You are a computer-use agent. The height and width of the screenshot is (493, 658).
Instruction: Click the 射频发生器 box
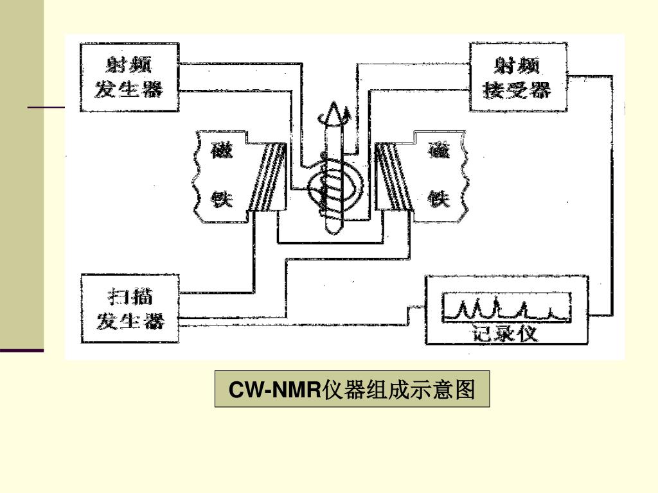coord(129,77)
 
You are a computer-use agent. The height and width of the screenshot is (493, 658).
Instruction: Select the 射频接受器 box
coord(518,77)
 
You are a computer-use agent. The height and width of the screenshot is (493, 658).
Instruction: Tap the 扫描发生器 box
coord(130,309)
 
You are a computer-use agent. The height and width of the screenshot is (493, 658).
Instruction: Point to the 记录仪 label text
coord(505,334)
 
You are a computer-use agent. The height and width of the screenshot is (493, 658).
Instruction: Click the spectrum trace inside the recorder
coord(505,309)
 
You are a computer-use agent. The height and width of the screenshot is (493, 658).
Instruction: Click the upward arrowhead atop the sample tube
coord(332,115)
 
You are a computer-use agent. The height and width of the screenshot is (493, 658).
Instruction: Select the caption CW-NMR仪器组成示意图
coord(352,389)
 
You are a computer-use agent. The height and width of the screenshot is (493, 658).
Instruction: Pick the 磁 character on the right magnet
coord(441,152)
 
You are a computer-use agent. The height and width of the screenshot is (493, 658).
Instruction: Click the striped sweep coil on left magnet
coord(269,178)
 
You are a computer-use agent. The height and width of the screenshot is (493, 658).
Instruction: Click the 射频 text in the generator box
coord(129,65)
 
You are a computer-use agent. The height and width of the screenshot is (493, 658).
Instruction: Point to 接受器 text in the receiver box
coord(518,90)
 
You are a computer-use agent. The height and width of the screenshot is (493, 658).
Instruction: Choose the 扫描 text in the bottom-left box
coord(130,297)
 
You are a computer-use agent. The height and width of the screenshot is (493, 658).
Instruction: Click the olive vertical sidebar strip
coord(22,173)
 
